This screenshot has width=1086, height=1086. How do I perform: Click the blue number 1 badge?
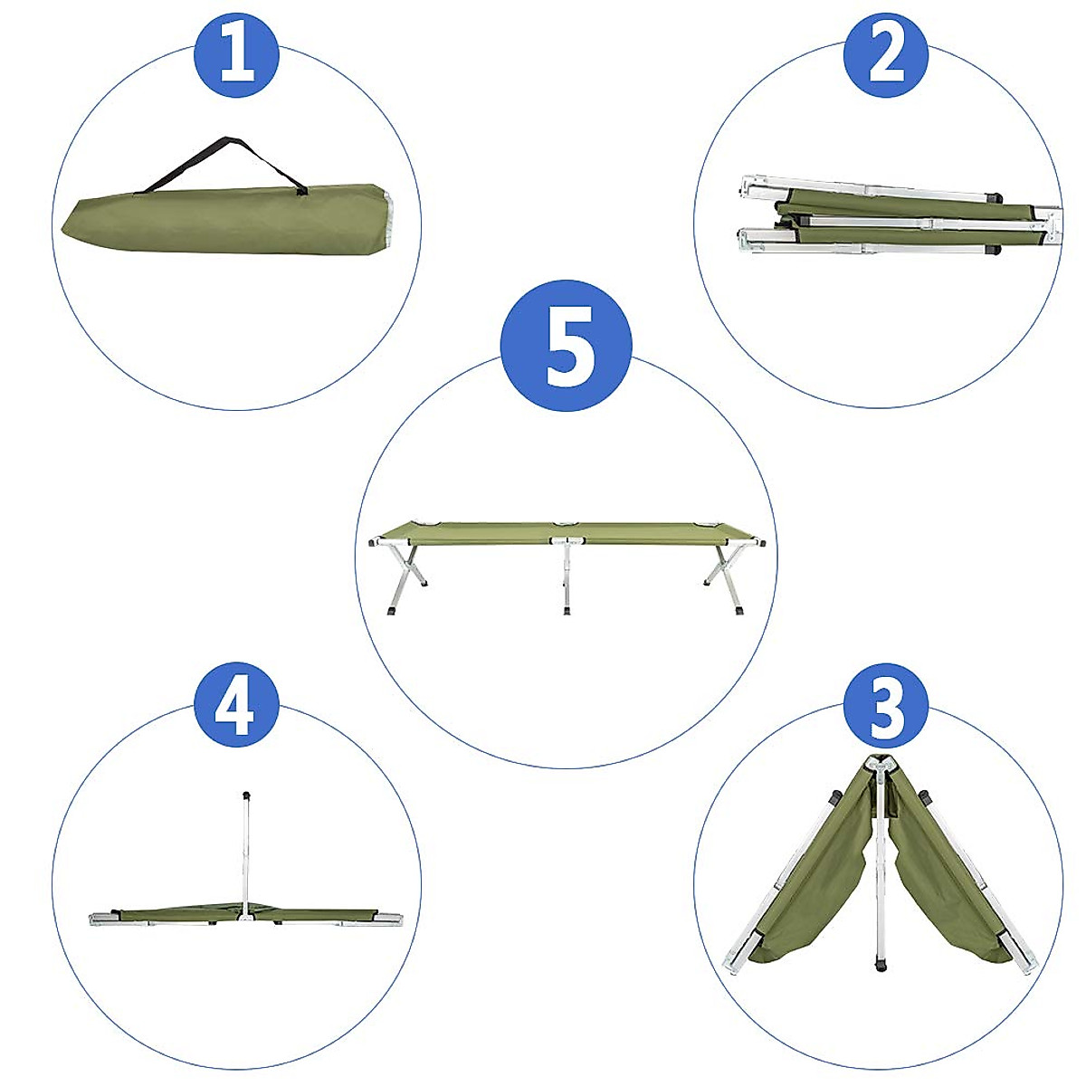click(237, 55)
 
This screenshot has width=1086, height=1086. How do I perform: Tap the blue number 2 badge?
click(886, 55)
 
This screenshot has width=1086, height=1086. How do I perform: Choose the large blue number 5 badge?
click(567, 345)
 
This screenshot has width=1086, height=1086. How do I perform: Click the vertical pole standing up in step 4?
click(244, 851)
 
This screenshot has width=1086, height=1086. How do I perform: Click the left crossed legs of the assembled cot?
click(402, 575)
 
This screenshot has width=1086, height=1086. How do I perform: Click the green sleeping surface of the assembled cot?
click(567, 532)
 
